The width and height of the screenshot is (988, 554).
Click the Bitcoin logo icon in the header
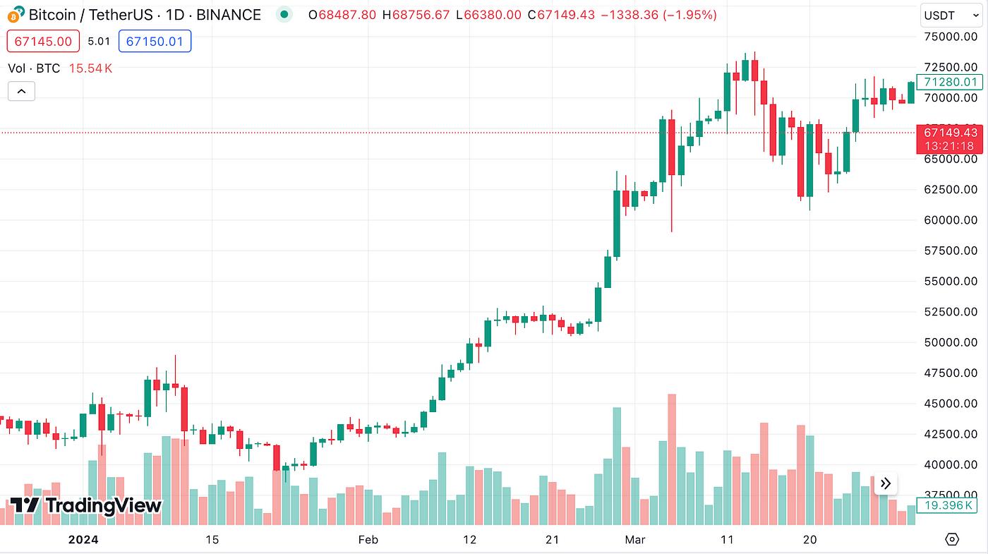point(16,14)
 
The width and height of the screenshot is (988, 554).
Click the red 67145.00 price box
point(42,42)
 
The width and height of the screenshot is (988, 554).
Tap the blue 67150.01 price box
point(155,42)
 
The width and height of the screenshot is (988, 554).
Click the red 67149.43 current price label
point(950,133)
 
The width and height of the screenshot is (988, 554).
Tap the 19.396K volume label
point(950,505)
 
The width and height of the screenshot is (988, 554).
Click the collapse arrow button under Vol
point(21,91)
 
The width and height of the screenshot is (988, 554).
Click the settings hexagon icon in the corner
point(951,540)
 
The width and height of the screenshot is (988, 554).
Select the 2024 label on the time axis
point(83,540)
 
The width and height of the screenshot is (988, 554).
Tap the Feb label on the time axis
point(368,540)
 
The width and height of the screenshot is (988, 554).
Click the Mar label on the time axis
point(634,540)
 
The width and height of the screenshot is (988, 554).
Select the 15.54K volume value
point(91,68)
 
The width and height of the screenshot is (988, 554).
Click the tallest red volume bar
point(672,459)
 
